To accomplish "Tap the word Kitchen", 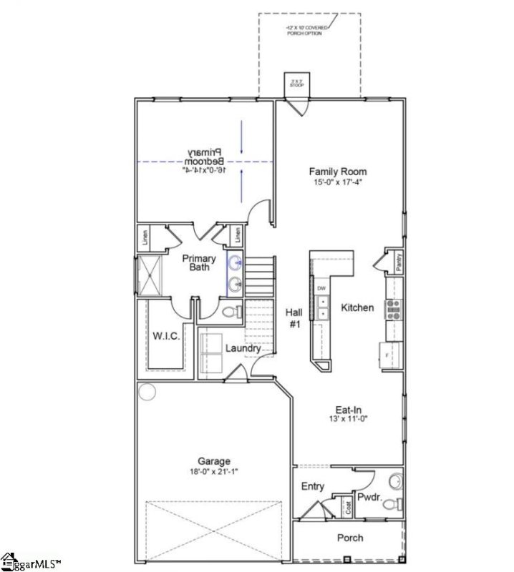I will pos(357,307).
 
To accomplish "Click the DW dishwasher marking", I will pos(322,288).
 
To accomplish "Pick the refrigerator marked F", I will pos(387,353).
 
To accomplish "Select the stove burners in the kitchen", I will pos(394,308).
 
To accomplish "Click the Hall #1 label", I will pos(294,317).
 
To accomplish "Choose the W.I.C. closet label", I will pos(165,335).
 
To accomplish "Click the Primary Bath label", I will pos(194,262).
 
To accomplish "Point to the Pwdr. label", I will pos(369,495).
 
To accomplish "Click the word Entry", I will pos(313,487).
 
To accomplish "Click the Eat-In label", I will pos(348,410).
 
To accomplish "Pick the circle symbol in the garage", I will pos(147,392).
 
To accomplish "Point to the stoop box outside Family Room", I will pos(296,83).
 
